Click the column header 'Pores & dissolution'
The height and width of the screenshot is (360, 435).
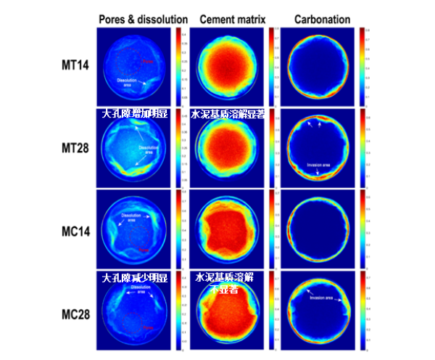143,19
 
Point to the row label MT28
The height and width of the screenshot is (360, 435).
75,150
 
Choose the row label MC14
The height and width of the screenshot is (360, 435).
75,232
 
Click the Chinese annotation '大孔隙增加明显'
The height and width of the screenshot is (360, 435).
136,114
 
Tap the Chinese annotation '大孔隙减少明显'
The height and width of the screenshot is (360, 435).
136,277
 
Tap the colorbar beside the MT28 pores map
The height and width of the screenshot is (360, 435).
180,150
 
